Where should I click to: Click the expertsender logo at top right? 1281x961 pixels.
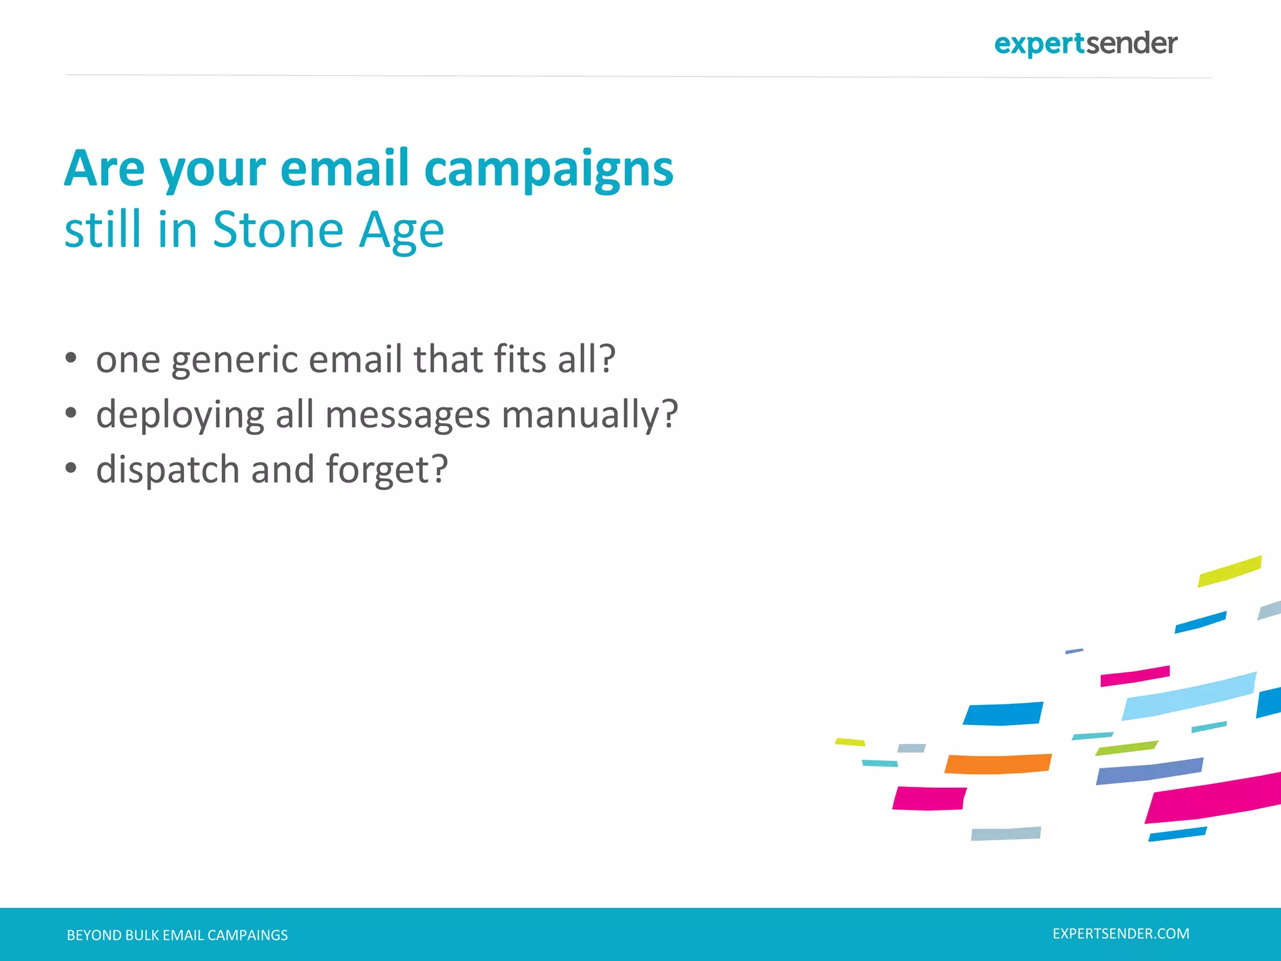1085,44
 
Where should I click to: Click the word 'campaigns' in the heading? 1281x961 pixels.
549,169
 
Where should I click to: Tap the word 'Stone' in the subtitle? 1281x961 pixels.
278,230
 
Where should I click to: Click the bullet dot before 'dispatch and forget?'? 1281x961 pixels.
71,468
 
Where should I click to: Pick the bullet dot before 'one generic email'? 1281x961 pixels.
71,358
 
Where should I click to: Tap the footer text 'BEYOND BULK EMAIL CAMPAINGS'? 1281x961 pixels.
177,935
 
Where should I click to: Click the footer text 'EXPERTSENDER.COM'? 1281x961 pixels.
1120,933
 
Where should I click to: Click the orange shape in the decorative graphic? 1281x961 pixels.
998,764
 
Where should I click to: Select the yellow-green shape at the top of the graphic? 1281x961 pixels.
1229,571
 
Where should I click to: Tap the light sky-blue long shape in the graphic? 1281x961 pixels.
1188,696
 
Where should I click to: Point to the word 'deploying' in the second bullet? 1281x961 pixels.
180,415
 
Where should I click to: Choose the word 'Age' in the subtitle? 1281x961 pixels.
401,231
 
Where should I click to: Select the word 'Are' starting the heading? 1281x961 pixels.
104,169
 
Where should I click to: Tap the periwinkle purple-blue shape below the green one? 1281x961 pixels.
1149,771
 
